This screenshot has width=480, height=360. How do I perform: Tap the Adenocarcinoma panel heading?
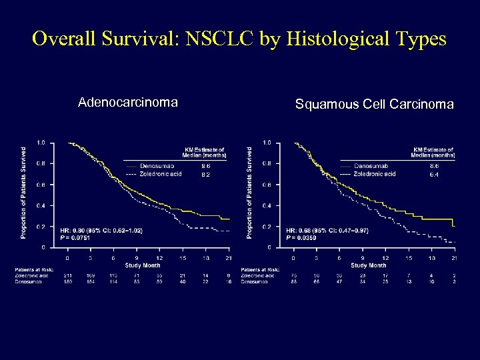tap(127, 102)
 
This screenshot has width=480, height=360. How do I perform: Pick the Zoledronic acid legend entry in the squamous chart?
tap(375, 174)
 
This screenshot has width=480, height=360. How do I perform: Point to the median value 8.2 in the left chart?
tap(205, 174)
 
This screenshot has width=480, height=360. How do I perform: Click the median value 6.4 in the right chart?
tap(434, 174)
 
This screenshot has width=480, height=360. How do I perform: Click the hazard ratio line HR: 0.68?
tap(327, 229)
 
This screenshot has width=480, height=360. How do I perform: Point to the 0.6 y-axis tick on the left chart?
tap(41, 185)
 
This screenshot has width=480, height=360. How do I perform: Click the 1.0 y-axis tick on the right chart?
tap(267, 143)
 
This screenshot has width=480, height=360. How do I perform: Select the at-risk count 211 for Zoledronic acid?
tap(67, 274)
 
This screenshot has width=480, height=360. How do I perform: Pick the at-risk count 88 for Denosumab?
tap(294, 281)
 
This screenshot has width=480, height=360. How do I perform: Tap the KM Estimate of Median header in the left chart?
tap(205, 152)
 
